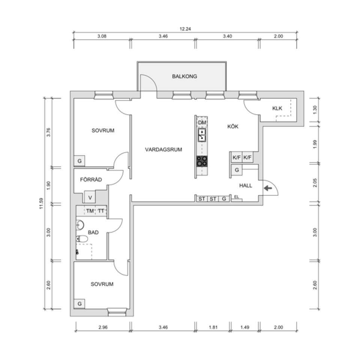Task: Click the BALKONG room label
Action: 184,76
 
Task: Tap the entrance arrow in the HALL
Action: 268,188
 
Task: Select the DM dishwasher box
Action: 202,123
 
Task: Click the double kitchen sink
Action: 202,135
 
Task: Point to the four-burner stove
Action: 202,161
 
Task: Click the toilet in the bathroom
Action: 82,239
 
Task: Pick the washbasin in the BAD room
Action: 79,225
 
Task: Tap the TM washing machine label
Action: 90,211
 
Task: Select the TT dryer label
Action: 101,211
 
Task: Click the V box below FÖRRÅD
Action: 90,198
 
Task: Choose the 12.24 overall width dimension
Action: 185,29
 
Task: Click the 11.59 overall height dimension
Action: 41,203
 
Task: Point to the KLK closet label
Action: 277,108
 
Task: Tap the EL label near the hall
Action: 237,197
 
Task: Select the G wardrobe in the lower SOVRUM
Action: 79,304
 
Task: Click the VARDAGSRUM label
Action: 163,150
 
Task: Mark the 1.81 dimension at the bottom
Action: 213,327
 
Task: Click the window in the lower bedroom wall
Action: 117,312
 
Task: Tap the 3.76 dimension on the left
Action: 48,132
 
